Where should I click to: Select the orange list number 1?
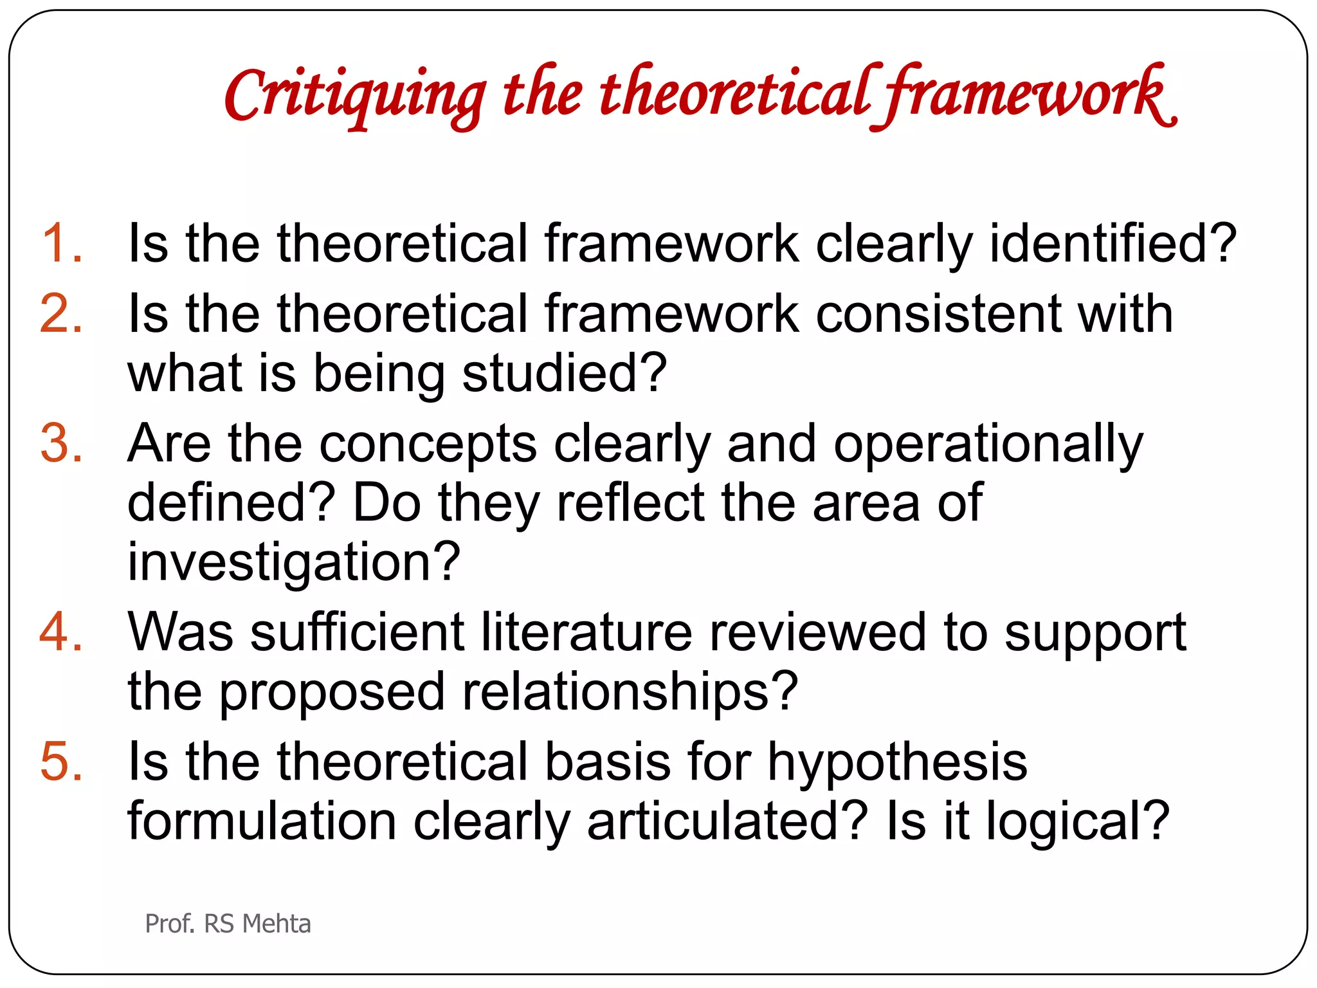click(x=61, y=243)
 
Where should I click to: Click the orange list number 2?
click(x=61, y=313)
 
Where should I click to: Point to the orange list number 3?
click(x=61, y=443)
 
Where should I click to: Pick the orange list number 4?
click(x=61, y=632)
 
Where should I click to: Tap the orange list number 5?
click(x=61, y=762)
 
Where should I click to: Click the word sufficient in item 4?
click(x=357, y=632)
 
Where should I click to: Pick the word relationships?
click(x=630, y=692)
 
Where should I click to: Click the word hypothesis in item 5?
click(x=898, y=763)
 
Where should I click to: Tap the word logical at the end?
click(x=1077, y=822)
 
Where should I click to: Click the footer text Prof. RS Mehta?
click(x=228, y=924)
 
